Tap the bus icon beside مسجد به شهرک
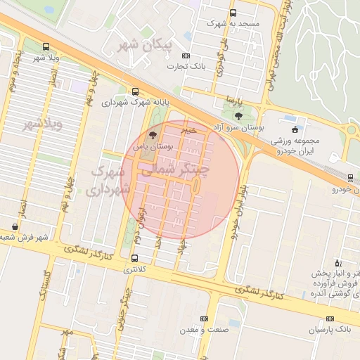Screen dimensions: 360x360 233,13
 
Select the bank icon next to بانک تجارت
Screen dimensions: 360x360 186,56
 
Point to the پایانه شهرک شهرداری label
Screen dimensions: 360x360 134,103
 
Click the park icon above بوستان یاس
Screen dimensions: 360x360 154,134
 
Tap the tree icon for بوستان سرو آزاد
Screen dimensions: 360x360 239,116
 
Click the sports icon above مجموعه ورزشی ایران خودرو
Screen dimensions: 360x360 294,129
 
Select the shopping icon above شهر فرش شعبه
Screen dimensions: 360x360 15,226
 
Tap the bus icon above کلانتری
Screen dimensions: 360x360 134,258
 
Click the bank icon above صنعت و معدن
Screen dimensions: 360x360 205,319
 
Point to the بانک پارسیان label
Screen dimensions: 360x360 330,328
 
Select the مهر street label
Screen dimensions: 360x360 66,330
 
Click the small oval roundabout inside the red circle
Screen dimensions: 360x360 195,185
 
